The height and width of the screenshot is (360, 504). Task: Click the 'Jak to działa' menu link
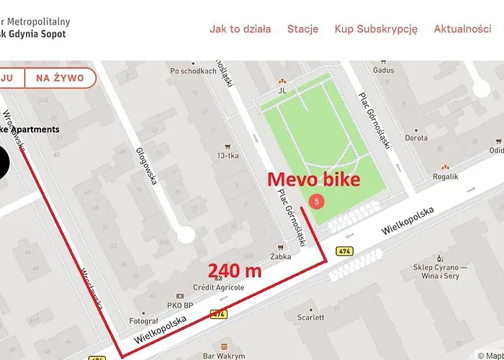[240, 29]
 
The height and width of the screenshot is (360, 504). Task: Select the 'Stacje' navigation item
[302, 29]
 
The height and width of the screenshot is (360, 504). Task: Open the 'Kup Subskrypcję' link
[376, 29]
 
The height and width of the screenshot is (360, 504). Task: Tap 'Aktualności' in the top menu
[462, 29]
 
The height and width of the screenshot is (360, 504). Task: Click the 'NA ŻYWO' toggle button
[60, 78]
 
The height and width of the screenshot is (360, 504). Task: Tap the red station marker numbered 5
[315, 202]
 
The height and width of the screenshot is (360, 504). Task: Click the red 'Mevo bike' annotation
[313, 180]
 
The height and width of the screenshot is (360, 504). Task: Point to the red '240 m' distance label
[234, 271]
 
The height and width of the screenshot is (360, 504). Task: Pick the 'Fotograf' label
[143, 320]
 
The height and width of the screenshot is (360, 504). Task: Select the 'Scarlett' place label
[310, 317]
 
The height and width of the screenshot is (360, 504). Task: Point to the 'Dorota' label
[416, 138]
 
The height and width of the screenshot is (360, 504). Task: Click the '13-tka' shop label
[228, 155]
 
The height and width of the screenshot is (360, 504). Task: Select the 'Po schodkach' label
[193, 71]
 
